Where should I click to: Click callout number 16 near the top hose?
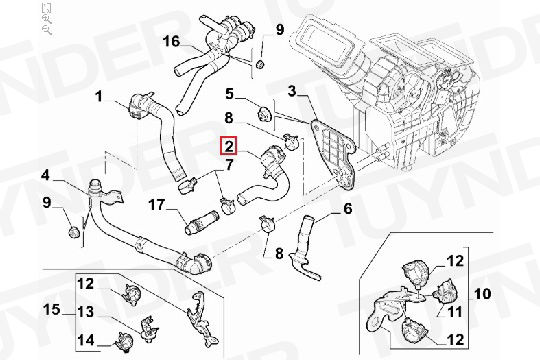click(171, 41)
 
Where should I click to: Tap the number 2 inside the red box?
click(229, 146)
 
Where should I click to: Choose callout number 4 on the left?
click(46, 176)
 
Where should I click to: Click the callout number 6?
click(347, 209)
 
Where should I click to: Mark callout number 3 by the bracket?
click(294, 92)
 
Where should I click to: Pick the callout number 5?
click(229, 95)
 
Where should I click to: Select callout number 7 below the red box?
click(229, 165)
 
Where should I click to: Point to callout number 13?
click(86, 311)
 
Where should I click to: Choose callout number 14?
click(86, 339)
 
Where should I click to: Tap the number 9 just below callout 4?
click(46, 204)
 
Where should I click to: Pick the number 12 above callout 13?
click(86, 283)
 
